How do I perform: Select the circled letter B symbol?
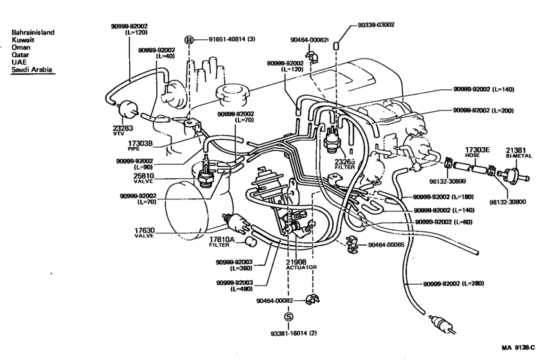(189, 40)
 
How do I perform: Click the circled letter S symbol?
(289, 317)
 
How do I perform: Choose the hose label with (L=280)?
(453, 283)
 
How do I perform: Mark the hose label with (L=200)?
(483, 111)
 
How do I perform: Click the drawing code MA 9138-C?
(519, 347)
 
